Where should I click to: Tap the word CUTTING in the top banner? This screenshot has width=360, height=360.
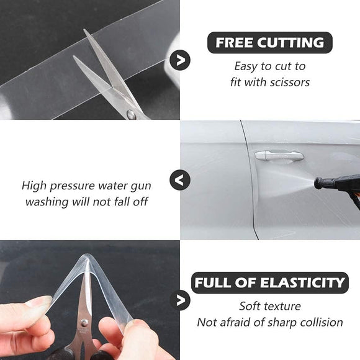tap(292, 43)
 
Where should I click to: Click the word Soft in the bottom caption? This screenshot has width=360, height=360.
tap(251, 306)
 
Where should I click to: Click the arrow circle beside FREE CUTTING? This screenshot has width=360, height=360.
tap(181, 60)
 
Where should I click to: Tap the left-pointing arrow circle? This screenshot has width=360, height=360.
tap(180, 181)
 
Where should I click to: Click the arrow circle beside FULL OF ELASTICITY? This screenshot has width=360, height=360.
tap(181, 300)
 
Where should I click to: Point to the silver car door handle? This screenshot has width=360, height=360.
tap(279, 155)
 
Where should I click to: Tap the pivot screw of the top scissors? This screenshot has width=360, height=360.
tap(130, 114)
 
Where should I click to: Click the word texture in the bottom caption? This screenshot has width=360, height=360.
tap(283, 306)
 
